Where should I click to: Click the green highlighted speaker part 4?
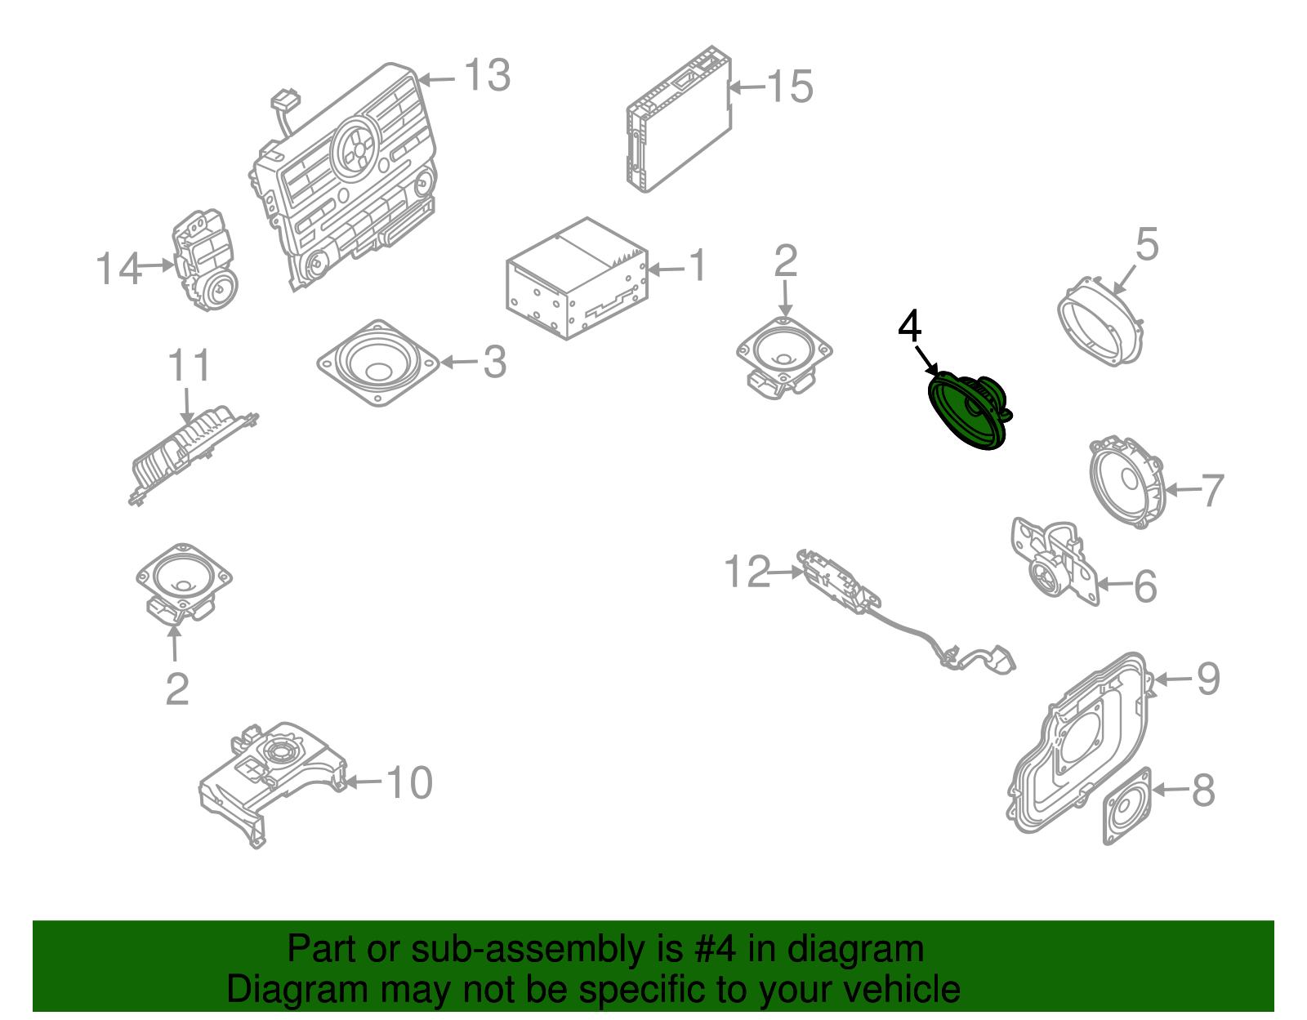pyautogui.click(x=968, y=410)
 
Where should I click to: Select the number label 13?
pyautogui.click(x=487, y=76)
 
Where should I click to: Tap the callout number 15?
pyautogui.click(x=789, y=87)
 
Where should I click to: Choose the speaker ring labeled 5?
pyautogui.click(x=1100, y=322)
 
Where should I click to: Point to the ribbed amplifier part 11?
pyautogui.click(x=192, y=453)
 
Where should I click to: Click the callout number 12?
pyautogui.click(x=747, y=572)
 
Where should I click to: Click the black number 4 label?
pyautogui.click(x=909, y=327)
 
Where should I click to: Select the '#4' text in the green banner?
pyautogui.click(x=716, y=950)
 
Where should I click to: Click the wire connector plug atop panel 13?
pyautogui.click(x=285, y=101)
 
